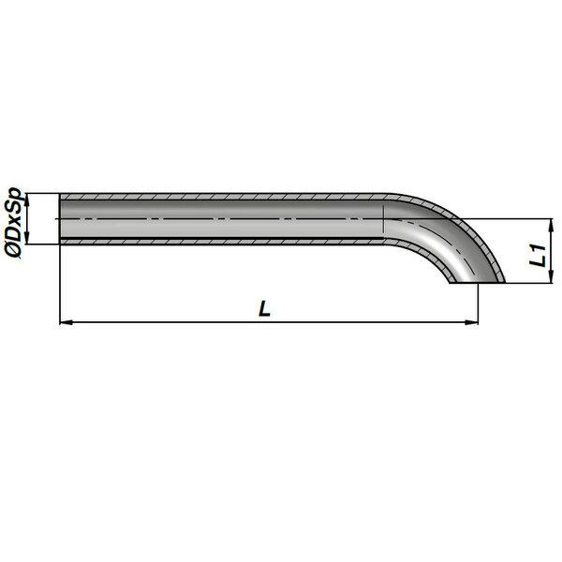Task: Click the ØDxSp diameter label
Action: (14, 223)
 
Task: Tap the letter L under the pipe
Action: (264, 308)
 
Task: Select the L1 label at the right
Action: (538, 255)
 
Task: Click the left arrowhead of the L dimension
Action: (67, 322)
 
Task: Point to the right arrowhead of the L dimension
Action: (471, 322)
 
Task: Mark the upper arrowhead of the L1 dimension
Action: (551, 225)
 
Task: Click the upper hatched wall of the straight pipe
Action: (222, 197)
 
